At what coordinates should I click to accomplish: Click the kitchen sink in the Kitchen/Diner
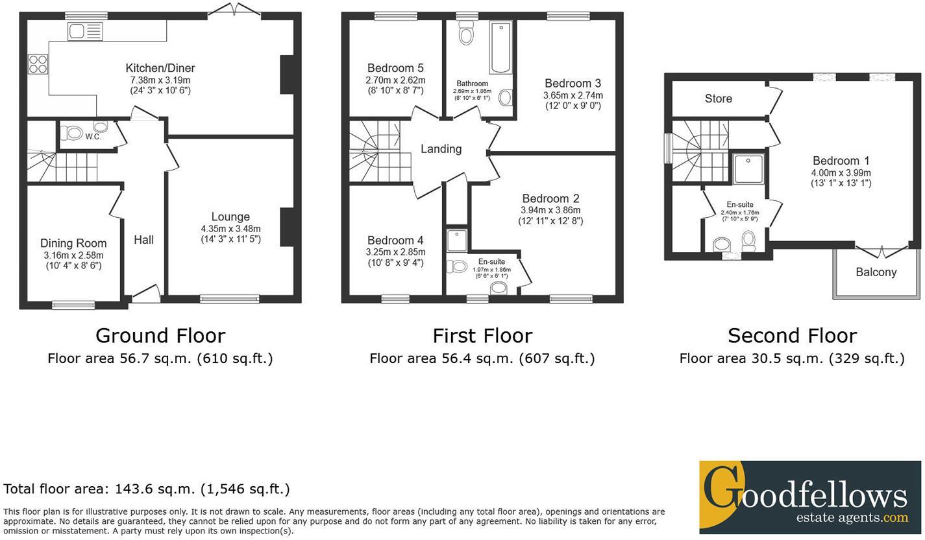(x=85, y=30)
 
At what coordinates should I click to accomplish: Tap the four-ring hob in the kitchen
(x=38, y=64)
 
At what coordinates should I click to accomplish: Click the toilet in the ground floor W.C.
(x=71, y=133)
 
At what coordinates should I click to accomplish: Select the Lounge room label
(x=230, y=217)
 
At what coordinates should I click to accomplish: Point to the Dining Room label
(x=73, y=243)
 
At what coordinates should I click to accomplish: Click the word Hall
(x=143, y=240)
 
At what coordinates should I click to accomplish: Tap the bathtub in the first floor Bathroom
(x=500, y=49)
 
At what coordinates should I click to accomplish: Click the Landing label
(x=441, y=149)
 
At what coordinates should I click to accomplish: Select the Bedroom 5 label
(x=395, y=68)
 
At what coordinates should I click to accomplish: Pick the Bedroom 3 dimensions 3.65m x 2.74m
(x=573, y=95)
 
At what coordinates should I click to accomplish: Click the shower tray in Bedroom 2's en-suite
(x=457, y=239)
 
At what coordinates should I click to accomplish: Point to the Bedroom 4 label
(x=395, y=241)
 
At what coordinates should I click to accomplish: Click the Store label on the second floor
(x=718, y=99)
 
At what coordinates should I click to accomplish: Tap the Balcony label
(x=876, y=272)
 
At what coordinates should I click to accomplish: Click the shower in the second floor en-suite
(x=749, y=167)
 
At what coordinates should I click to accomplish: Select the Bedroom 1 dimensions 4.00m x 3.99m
(x=841, y=173)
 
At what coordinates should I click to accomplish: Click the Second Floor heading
(x=792, y=335)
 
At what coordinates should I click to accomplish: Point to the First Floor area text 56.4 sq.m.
(x=482, y=358)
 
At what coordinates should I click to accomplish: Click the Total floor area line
(x=146, y=489)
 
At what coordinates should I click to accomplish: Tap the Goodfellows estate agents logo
(x=809, y=498)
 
